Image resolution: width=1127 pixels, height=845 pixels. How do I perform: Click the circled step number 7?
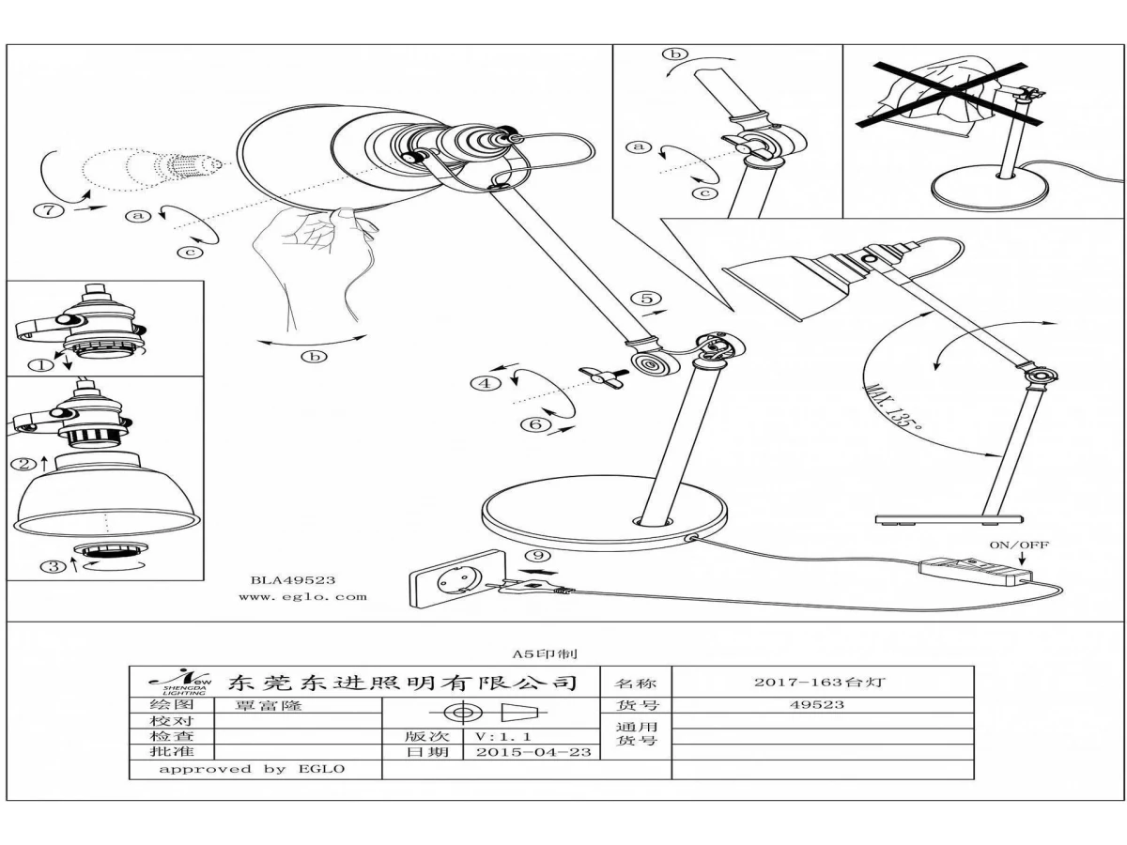point(54,209)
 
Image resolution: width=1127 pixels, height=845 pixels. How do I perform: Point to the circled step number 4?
point(485,382)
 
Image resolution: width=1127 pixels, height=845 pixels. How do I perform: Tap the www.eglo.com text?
point(302,596)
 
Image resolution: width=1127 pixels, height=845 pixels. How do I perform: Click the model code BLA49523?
point(292,580)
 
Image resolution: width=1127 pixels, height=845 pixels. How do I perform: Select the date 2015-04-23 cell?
point(533,752)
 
